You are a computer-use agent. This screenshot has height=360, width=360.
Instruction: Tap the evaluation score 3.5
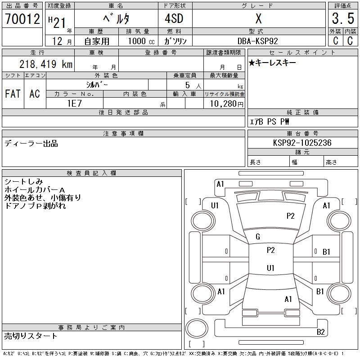343,19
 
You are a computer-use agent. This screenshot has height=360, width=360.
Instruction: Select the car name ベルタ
116,19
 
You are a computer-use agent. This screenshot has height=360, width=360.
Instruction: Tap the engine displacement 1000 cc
140,40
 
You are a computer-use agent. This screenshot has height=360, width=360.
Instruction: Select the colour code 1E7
74,103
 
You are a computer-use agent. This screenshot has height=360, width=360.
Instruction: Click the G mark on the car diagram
258,237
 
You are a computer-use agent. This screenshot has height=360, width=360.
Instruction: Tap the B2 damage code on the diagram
321,332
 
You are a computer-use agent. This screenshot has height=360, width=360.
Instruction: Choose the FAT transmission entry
13,94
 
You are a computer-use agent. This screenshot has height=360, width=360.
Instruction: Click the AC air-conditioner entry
35,94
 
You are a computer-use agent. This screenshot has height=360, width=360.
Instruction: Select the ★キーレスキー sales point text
272,63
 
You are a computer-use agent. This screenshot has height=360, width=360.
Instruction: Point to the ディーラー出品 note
31,144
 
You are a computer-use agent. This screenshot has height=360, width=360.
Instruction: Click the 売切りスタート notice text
31,336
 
